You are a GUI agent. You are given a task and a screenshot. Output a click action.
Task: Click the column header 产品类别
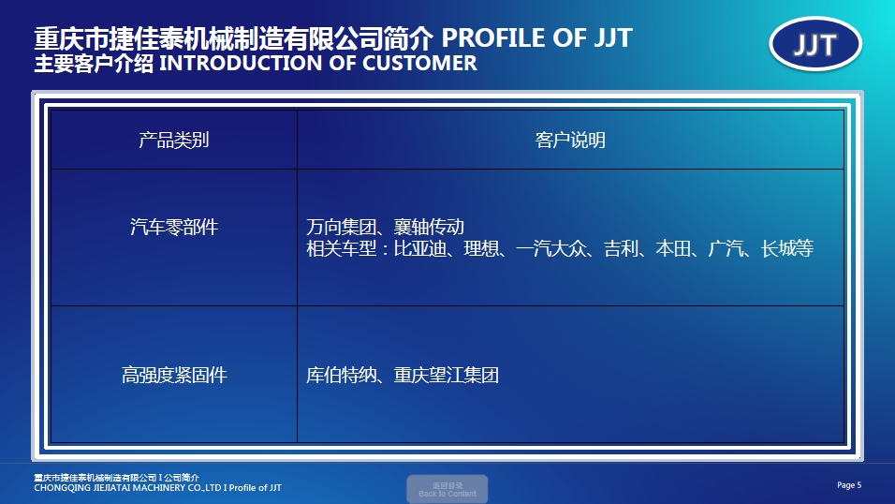tap(173, 141)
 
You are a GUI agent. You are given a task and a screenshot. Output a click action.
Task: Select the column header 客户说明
tap(570, 141)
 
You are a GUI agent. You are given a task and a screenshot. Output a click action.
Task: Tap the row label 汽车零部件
tap(173, 227)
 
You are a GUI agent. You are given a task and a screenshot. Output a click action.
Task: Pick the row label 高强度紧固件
tap(173, 376)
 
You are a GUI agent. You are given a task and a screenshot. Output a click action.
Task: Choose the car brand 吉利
tap(620, 249)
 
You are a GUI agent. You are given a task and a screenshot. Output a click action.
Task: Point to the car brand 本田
tap(672, 249)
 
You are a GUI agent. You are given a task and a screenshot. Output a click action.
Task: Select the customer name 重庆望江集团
tap(446, 376)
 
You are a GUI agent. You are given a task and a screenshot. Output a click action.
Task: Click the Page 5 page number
tap(848, 484)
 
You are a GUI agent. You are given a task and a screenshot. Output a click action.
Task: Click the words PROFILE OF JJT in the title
tap(536, 38)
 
